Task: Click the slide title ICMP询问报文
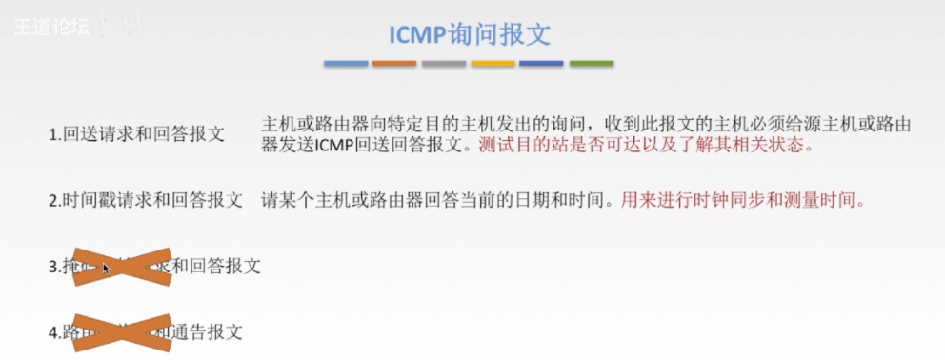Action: pyautogui.click(x=469, y=34)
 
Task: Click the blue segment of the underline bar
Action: pyautogui.click(x=345, y=65)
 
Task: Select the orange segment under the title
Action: pyautogui.click(x=393, y=65)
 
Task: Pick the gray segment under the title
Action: pyautogui.click(x=443, y=65)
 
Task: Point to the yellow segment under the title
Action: pyautogui.click(x=493, y=65)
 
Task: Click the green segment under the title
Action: pyautogui.click(x=591, y=65)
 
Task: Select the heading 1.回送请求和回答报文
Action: pyautogui.click(x=136, y=134)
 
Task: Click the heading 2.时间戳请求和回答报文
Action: pyautogui.click(x=145, y=201)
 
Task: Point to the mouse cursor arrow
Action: pyautogui.click(x=107, y=269)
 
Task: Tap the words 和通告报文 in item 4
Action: pyautogui.click(x=205, y=332)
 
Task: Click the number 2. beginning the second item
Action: pyautogui.click(x=55, y=201)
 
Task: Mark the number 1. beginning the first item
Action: pyautogui.click(x=55, y=134)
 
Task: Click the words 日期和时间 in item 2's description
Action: pyautogui.click(x=559, y=201)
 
